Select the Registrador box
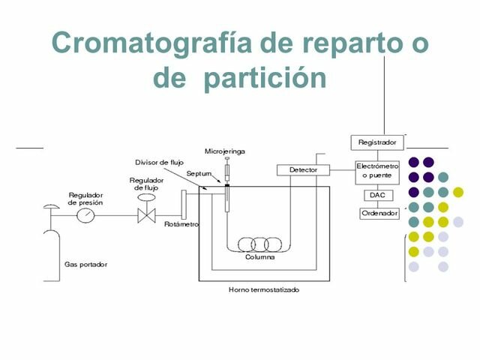tap(378, 142)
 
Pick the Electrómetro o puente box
tap(378, 169)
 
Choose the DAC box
tap(376, 195)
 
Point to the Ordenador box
tap(378, 213)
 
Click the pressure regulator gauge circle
tap(86, 215)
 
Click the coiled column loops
tap(260, 244)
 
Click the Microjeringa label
tap(224, 151)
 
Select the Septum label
tap(199, 173)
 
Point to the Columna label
tap(259, 257)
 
